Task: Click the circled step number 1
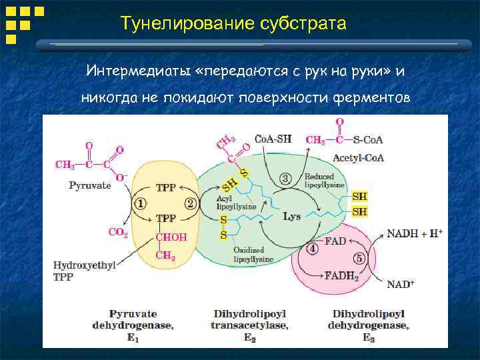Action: point(141,203)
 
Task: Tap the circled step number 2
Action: point(190,203)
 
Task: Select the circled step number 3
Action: point(286,178)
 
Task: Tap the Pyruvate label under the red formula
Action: point(89,185)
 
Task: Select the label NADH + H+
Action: point(415,233)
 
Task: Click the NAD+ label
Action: point(401,284)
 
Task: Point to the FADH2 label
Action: point(341,276)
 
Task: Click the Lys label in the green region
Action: point(292,217)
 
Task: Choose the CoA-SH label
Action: point(273,139)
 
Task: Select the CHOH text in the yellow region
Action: point(171,237)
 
